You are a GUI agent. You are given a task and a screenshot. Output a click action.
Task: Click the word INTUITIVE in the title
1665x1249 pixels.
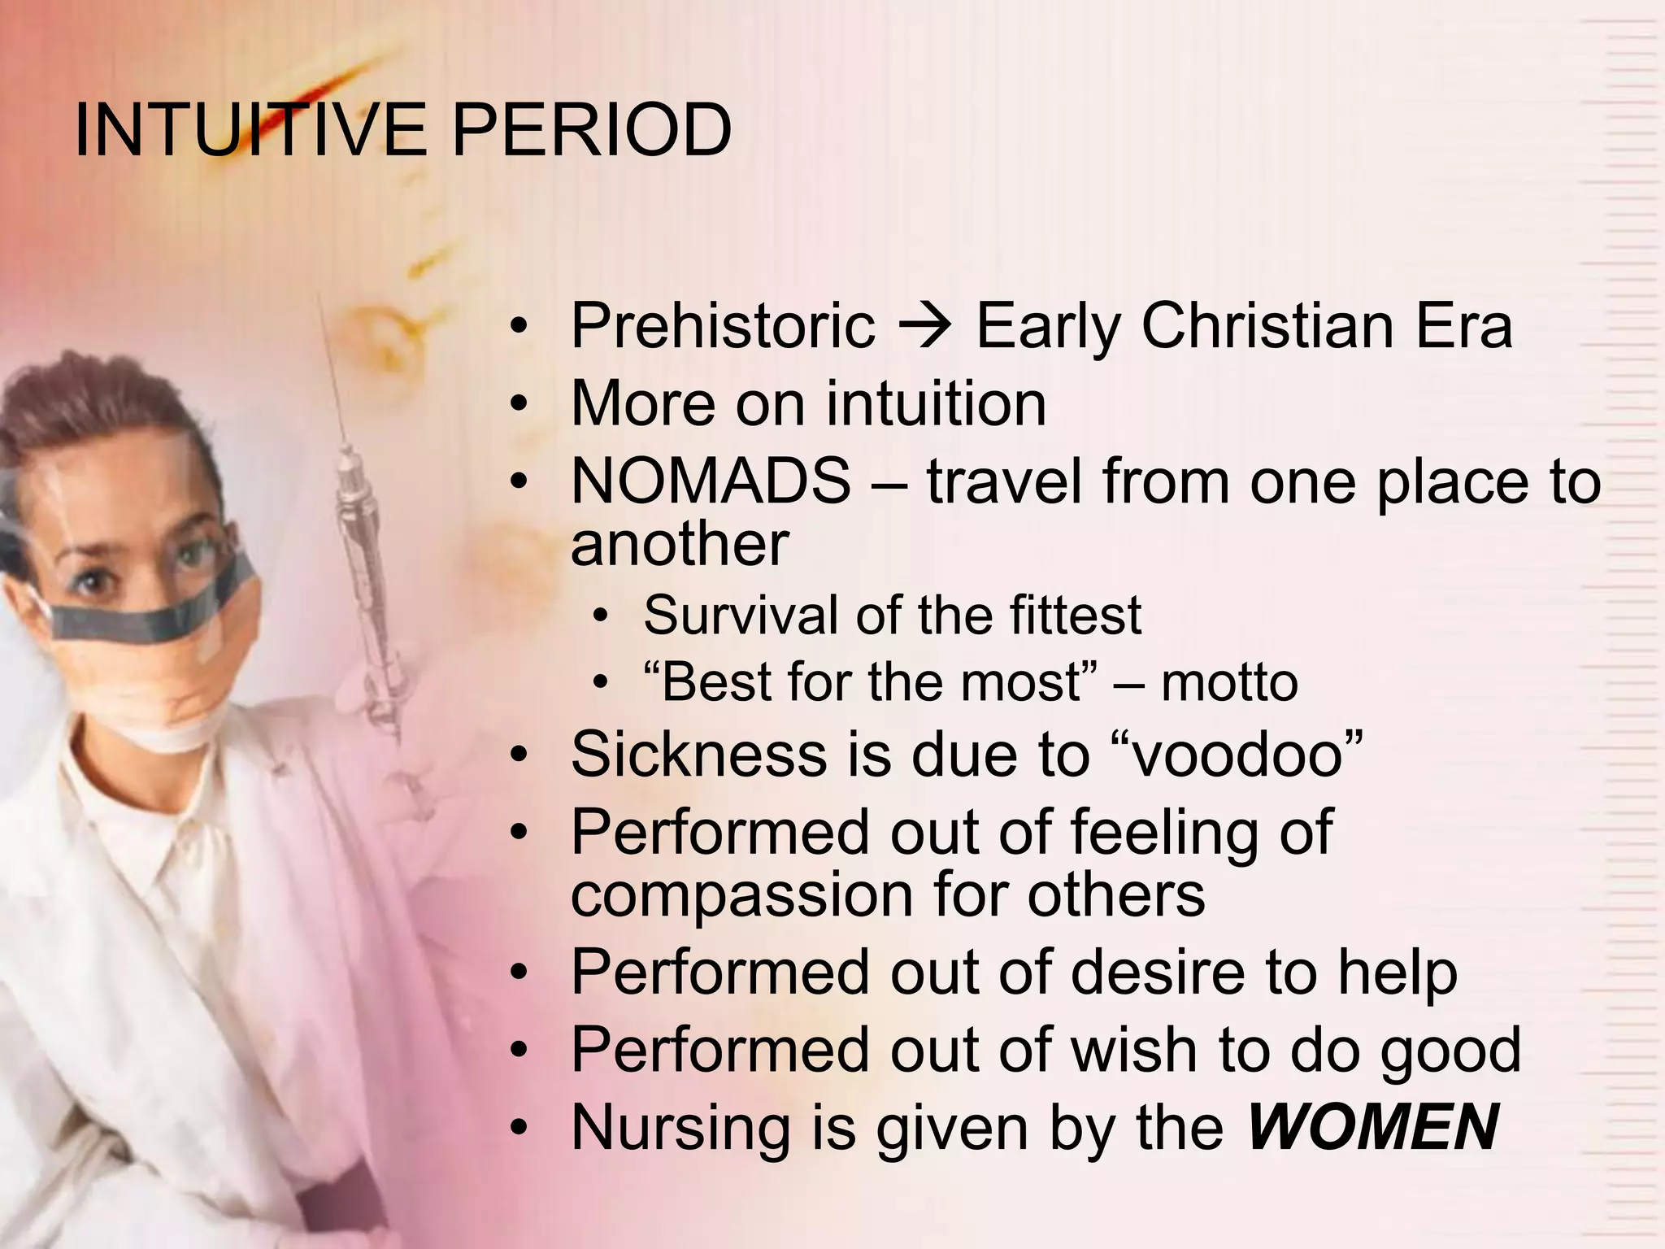(x=249, y=130)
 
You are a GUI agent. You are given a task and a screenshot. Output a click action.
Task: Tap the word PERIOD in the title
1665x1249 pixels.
(x=591, y=130)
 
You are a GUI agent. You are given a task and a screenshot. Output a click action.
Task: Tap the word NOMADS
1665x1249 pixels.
(x=711, y=481)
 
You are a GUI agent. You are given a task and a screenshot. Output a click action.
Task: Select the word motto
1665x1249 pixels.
(x=1228, y=683)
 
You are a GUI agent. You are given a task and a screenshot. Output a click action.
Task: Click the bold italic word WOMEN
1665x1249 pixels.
(x=1373, y=1128)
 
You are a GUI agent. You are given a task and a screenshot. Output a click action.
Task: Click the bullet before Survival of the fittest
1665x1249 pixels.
(x=600, y=616)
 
